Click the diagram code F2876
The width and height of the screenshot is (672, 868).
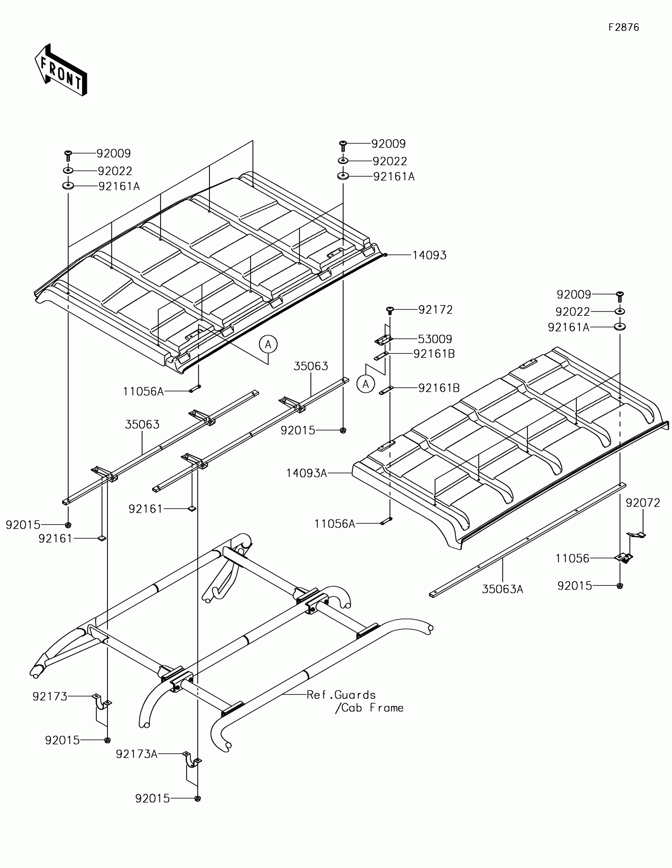point(623,27)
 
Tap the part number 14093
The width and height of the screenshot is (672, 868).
point(429,255)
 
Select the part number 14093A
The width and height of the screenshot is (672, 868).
point(306,473)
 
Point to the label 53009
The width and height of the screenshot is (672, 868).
point(435,339)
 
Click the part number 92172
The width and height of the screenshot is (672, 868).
point(435,309)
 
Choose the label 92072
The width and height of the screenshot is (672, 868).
point(643,503)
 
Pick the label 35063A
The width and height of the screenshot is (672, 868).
point(502,589)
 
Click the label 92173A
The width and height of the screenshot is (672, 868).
point(137,753)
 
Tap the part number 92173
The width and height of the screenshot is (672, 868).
point(50,696)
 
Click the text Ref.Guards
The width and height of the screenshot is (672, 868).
point(341,695)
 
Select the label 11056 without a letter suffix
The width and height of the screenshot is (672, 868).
point(572,559)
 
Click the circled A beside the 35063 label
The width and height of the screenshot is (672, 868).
point(268,344)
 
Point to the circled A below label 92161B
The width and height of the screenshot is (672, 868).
point(366,384)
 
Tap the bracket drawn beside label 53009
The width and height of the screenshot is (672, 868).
point(384,340)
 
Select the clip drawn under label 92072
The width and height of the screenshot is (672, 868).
point(636,534)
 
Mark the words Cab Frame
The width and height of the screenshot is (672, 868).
point(370,708)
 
